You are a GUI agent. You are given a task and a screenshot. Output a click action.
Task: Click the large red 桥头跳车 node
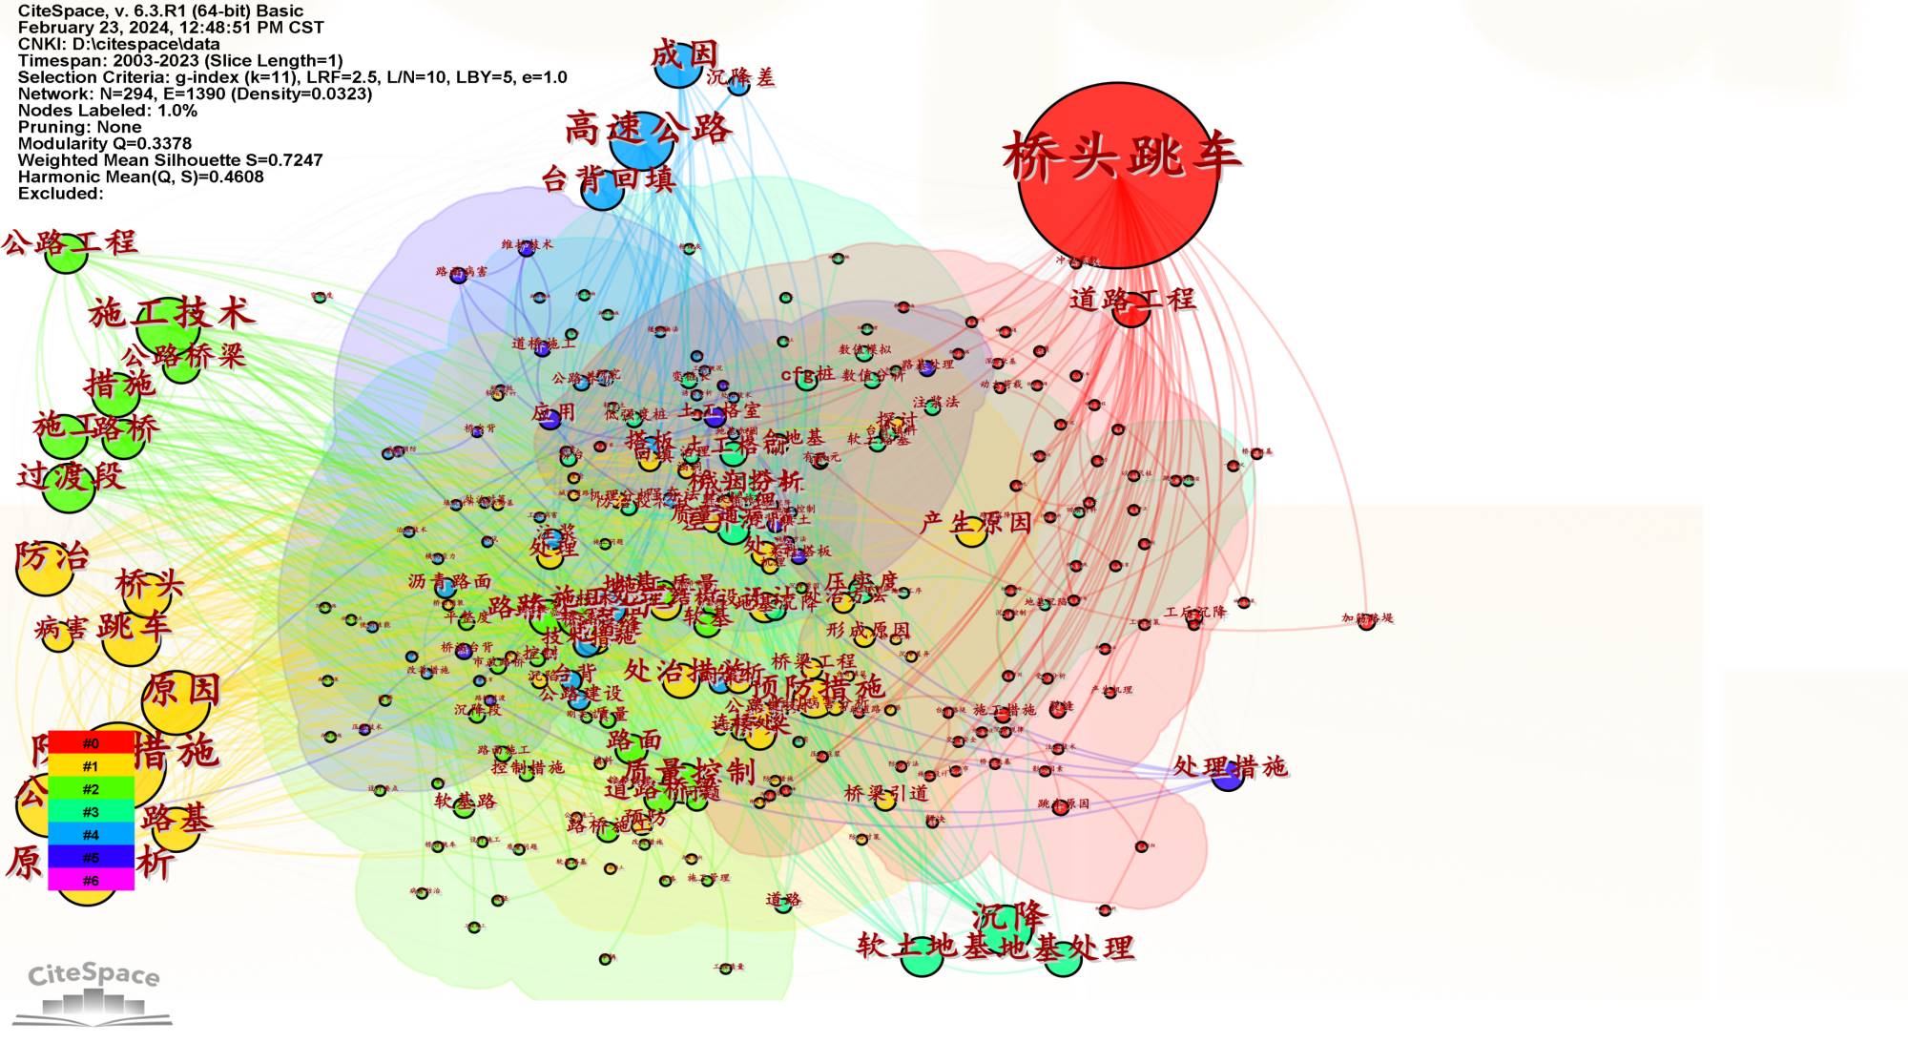coord(1117,176)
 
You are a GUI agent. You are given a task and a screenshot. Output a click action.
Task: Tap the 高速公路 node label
coord(648,128)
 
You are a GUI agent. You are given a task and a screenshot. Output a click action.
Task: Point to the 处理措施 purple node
coord(1227,775)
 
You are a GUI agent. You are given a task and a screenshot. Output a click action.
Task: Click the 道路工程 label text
coord(1131,299)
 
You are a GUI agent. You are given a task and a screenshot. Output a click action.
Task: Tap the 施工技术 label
coord(172,313)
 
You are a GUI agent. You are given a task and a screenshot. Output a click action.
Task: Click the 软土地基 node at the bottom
coord(922,956)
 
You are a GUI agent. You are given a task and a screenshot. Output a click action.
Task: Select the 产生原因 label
coord(976,522)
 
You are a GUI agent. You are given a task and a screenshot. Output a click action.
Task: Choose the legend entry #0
coord(91,743)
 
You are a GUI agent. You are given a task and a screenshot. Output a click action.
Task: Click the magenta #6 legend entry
coord(91,880)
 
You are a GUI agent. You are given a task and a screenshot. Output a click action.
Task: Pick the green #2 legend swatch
coord(91,789)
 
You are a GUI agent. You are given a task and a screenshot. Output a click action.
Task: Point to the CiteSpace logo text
coord(93,975)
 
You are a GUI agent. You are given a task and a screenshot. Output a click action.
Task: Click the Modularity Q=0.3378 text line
coord(105,143)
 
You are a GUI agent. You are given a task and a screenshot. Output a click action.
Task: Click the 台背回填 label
coord(609,177)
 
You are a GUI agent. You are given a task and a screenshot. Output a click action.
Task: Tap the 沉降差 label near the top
coord(741,78)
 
